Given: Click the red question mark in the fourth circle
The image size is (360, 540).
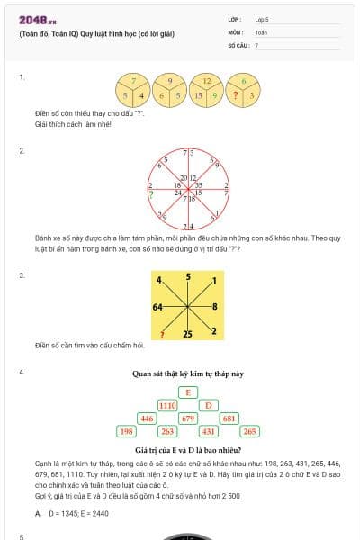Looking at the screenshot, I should point(236,94).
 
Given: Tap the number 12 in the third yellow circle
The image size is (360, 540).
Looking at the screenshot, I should point(207,81).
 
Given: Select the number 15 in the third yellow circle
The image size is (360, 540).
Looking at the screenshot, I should point(199,94).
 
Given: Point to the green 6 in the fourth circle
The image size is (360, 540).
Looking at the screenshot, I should point(244,81).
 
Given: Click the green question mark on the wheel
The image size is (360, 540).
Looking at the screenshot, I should point(150,193).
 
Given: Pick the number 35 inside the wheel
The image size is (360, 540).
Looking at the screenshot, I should point(199,184).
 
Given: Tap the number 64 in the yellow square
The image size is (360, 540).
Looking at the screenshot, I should point(159,308).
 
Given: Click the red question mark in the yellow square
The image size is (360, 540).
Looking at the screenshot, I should point(161,335).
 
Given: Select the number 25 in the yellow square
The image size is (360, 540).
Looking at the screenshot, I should point(188,334).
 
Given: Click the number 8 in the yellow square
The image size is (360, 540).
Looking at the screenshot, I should point(215,308).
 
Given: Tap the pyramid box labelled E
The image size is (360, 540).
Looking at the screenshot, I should point(187,392).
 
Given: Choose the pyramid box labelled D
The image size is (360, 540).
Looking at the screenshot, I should point(208,406).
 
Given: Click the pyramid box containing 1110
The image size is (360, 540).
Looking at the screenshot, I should point(167,406).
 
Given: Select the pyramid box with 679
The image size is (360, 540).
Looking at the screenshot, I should point(188,418).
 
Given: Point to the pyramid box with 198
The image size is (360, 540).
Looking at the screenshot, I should point(126,432).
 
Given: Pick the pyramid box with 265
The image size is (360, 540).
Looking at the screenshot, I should point(249,432).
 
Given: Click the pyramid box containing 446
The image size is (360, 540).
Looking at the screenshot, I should point(147,418).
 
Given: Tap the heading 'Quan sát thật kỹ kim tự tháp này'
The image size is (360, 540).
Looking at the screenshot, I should point(187,373).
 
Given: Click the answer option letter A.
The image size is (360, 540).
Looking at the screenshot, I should point(38,513).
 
